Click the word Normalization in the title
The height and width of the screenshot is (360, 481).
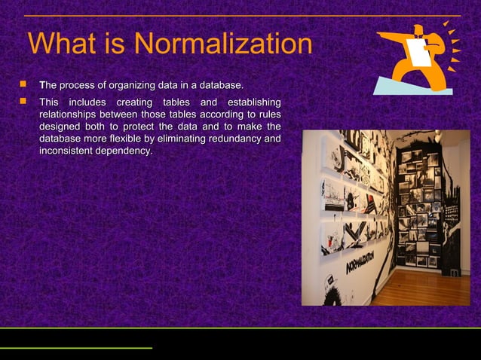pyautogui.click(x=223, y=44)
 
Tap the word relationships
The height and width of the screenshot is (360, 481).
pyautogui.click(x=73, y=114)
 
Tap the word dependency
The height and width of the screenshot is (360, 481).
pyautogui.click(x=127, y=151)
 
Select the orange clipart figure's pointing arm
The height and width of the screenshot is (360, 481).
pyautogui.click(x=391, y=35)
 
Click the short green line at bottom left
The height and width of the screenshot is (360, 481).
pyautogui.click(x=75, y=348)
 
